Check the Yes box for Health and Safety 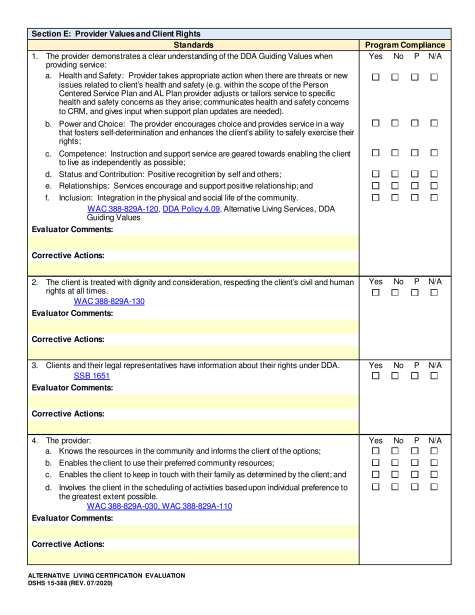tap(376, 77)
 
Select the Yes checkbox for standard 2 tap(376, 292)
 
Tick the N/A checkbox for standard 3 tap(434, 375)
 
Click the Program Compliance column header tap(405, 45)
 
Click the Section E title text tap(116, 34)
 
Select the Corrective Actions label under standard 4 tap(68, 544)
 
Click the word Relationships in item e tap(82, 186)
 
